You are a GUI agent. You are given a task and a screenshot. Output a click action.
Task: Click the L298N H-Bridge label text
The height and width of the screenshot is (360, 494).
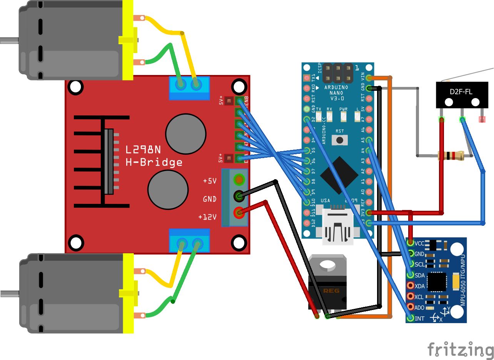(154, 156)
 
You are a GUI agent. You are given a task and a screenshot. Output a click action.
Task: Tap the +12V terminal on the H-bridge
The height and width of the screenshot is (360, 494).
(239, 212)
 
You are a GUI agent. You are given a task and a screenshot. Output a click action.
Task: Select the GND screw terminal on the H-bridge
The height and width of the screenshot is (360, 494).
(239, 196)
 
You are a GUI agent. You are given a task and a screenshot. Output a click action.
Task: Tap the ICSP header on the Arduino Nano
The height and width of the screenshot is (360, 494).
(338, 73)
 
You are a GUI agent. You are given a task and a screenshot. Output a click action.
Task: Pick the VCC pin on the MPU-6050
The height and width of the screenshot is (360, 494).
(411, 243)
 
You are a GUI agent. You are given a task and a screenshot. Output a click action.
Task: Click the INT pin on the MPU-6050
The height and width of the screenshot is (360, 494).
(411, 318)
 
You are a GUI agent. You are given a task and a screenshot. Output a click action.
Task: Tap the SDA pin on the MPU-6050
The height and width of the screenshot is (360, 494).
(411, 275)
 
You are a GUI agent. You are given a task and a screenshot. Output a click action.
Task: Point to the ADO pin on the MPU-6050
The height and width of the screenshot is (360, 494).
(411, 307)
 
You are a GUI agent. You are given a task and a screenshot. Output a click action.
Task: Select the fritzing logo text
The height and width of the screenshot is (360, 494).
(460, 350)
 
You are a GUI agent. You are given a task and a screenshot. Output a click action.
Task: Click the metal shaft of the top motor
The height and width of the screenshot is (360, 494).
(9, 40)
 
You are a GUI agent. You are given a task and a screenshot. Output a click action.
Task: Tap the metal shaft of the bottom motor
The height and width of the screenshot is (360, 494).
(9, 294)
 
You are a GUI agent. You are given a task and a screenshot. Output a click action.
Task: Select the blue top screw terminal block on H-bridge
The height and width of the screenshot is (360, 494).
(190, 88)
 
